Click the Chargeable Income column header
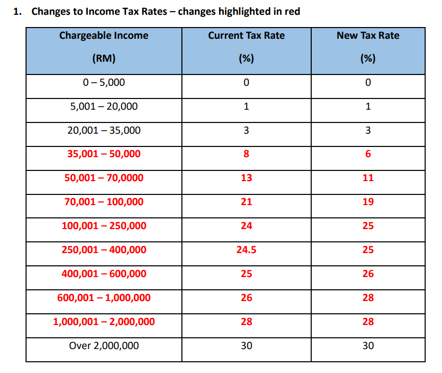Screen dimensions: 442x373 104,47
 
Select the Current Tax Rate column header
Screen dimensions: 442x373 246,47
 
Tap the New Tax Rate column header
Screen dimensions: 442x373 368,47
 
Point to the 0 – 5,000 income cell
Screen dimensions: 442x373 104,82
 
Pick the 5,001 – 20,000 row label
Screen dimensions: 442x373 104,106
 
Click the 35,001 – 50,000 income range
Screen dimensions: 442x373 104,154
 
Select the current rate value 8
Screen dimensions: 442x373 246,154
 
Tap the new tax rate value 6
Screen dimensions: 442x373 368,154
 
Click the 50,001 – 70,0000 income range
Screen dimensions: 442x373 104,178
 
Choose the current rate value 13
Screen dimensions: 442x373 246,178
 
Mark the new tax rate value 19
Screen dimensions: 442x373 368,202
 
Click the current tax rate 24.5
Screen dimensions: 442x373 246,250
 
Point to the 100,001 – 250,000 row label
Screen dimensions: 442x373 104,226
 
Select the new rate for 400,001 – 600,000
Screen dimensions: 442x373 368,273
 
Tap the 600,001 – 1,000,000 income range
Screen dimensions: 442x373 104,297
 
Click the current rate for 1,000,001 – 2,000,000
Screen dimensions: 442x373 246,321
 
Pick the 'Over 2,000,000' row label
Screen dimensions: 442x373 104,345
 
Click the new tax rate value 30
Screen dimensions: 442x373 368,345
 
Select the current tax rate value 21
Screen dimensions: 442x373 246,202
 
